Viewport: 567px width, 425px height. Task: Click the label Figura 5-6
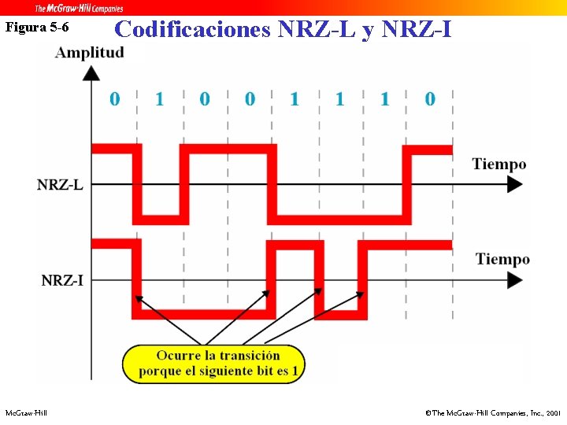pyautogui.click(x=37, y=28)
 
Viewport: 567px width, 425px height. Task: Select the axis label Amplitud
pyautogui.click(x=89, y=54)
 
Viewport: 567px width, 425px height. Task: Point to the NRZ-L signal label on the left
pyautogui.click(x=60, y=185)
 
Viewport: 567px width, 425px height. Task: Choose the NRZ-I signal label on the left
pyautogui.click(x=62, y=280)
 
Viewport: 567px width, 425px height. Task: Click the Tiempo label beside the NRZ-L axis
pyautogui.click(x=498, y=164)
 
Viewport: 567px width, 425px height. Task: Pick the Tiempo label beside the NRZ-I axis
pyautogui.click(x=502, y=259)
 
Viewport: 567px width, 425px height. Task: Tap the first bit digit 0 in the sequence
pyautogui.click(x=115, y=99)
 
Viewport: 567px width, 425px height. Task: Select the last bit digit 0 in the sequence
pyautogui.click(x=429, y=99)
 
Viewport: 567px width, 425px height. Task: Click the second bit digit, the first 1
pyautogui.click(x=160, y=99)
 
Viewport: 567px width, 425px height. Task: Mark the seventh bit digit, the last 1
pyautogui.click(x=384, y=99)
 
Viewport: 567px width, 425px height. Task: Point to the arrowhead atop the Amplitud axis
pyautogui.click(x=91, y=72)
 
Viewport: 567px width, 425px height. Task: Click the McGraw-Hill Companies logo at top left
pyautogui.click(x=79, y=9)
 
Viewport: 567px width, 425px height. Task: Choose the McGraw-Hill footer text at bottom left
pyautogui.click(x=26, y=412)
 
